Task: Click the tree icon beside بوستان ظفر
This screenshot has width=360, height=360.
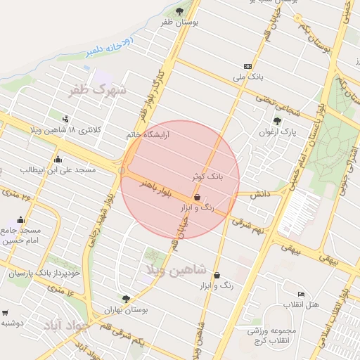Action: [180, 11]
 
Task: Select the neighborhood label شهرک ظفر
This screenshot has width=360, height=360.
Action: [98, 90]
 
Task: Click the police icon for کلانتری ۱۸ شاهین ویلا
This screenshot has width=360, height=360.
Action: [65, 119]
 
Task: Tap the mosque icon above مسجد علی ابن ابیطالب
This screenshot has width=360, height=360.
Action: [58, 160]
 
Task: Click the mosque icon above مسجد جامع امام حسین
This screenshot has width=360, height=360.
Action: [20, 219]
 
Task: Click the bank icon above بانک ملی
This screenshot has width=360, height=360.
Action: [247, 65]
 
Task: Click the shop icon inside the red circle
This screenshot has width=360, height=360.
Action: [198, 198]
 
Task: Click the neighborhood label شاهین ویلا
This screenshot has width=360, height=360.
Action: [176, 269]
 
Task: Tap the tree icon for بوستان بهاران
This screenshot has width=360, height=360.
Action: [126, 299]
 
